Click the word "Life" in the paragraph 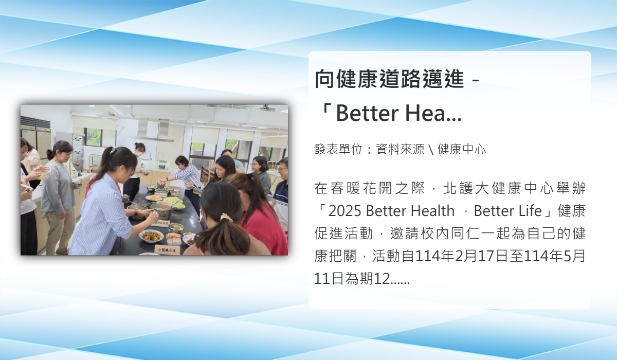[x=530, y=211]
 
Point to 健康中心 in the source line [x=462, y=149]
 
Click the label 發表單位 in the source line [x=338, y=149]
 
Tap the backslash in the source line [x=431, y=150]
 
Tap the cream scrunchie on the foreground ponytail [x=227, y=218]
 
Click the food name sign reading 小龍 [x=167, y=250]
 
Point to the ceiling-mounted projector [x=266, y=107]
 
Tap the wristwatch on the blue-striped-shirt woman [x=136, y=212]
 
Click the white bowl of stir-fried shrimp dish [x=151, y=236]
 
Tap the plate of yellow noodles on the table [x=154, y=198]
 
